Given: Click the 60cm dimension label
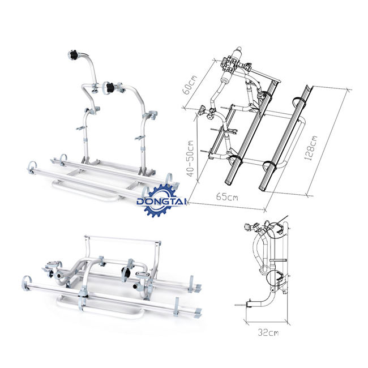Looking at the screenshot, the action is pyautogui.click(x=190, y=85).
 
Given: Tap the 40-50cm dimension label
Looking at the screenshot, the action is pyautogui.click(x=190, y=159).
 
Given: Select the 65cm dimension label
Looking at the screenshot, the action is pyautogui.click(x=227, y=196).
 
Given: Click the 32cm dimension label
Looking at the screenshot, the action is pyautogui.click(x=268, y=332).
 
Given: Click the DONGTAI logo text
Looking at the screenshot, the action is pyautogui.click(x=161, y=202).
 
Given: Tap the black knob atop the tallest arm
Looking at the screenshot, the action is pyautogui.click(x=74, y=55).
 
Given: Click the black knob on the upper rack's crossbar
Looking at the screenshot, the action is pyautogui.click(x=110, y=87).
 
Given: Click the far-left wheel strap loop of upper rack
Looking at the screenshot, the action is pyautogui.click(x=32, y=168).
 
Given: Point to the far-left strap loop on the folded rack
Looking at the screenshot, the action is pyautogui.click(x=26, y=283).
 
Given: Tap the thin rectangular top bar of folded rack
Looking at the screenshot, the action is pyautogui.click(x=123, y=239).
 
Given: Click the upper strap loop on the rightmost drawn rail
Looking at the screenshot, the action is pyautogui.click(x=299, y=101).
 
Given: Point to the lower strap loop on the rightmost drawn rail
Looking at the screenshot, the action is pyautogui.click(x=270, y=166).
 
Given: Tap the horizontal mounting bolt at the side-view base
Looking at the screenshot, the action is pyautogui.click(x=242, y=305).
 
